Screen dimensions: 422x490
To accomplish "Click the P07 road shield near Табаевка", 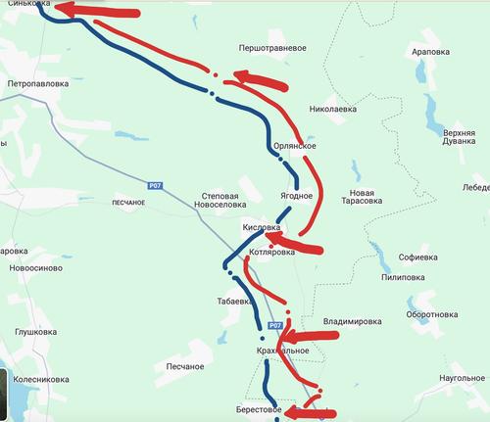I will pyautogui.click(x=275, y=324).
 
